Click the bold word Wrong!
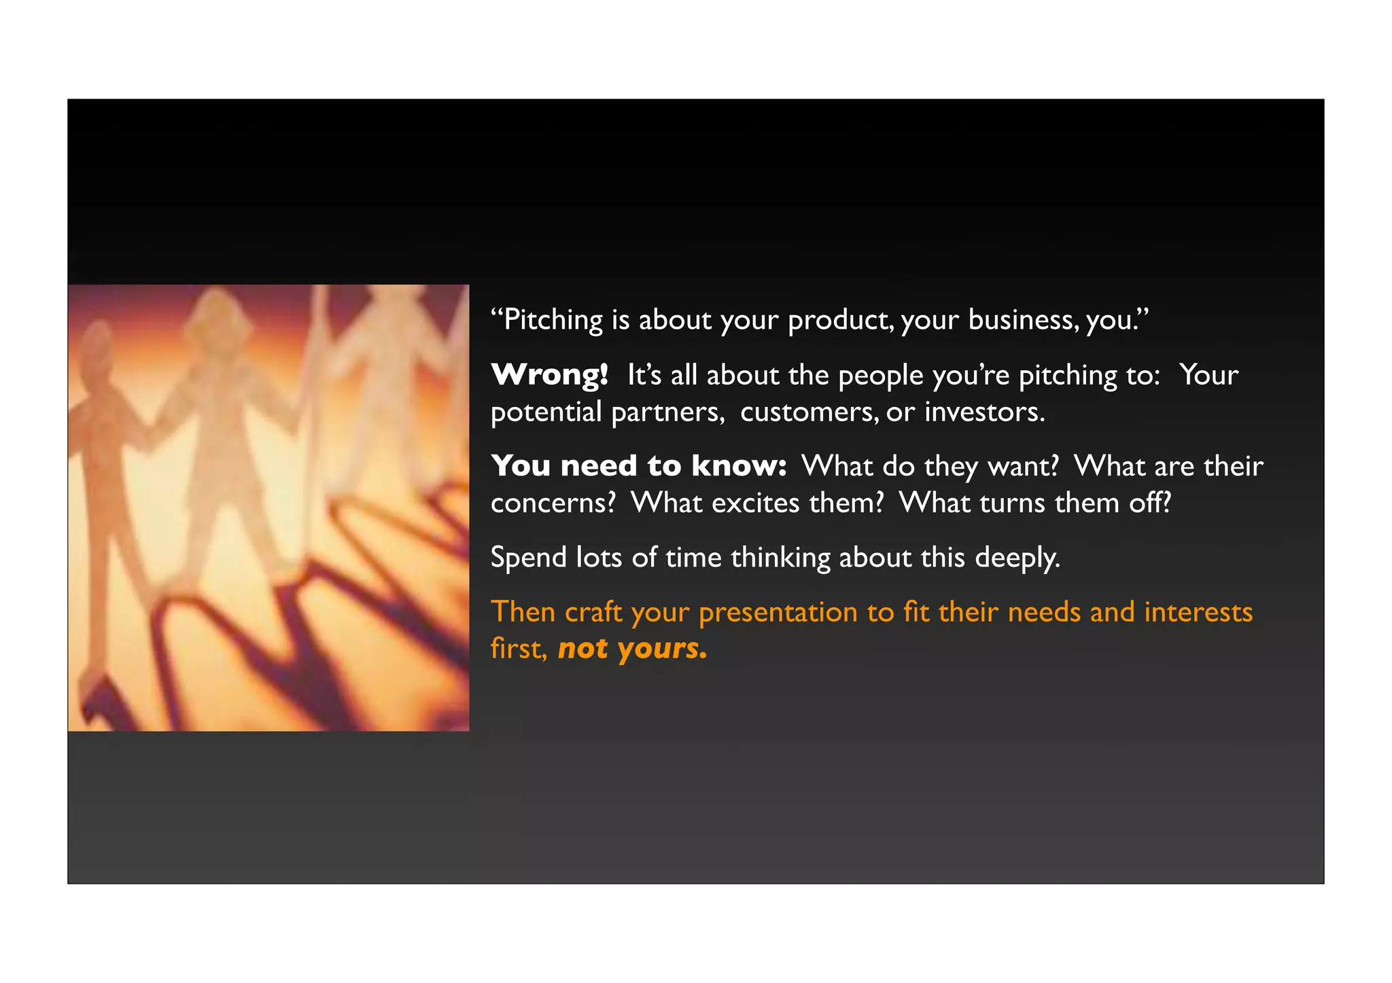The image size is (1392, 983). [549, 375]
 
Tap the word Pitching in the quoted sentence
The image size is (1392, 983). [553, 320]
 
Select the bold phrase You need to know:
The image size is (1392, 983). [639, 466]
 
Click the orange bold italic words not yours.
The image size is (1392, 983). [632, 649]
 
